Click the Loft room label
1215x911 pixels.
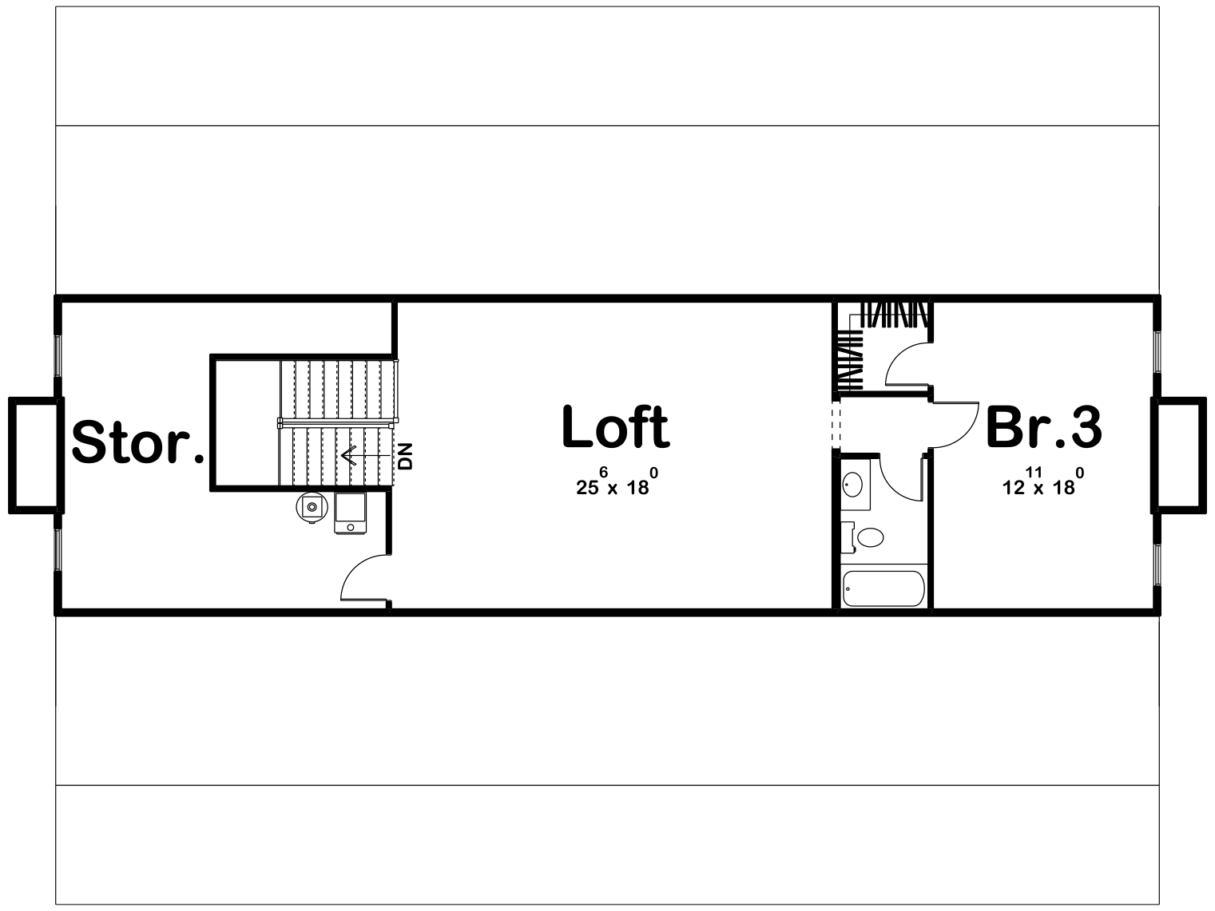click(x=616, y=428)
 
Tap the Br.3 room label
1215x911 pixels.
click(x=1043, y=428)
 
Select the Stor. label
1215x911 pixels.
click(x=137, y=443)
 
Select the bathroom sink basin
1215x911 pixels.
click(x=853, y=484)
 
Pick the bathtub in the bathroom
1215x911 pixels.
click(x=883, y=588)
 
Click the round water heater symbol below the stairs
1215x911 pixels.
click(x=311, y=506)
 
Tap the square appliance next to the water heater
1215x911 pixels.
click(x=350, y=512)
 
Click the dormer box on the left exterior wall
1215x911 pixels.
click(x=35, y=453)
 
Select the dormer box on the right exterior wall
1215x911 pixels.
click(x=1179, y=453)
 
